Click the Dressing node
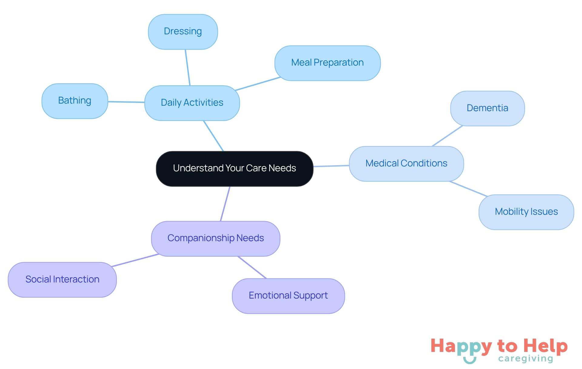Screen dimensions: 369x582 (x=183, y=32)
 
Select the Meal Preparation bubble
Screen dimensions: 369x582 (x=327, y=63)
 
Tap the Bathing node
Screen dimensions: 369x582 (x=75, y=101)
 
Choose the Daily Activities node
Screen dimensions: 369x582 (x=192, y=103)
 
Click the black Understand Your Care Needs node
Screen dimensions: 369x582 (x=234, y=169)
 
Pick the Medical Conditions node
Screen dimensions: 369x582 (x=406, y=164)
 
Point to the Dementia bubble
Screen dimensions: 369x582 (x=487, y=108)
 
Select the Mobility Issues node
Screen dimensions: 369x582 (x=526, y=212)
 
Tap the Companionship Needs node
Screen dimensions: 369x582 (x=216, y=238)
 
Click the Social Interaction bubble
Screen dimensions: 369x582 (x=62, y=280)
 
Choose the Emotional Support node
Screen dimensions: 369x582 (x=288, y=296)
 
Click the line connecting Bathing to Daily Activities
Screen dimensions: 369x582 (x=126, y=102)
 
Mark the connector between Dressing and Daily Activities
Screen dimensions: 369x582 (x=188, y=67)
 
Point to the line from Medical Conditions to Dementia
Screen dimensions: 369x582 (x=447, y=136)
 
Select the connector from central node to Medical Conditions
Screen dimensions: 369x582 (x=331, y=166)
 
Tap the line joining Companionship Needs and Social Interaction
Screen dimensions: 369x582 (x=135, y=260)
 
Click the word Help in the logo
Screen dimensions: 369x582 (x=545, y=346)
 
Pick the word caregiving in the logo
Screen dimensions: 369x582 (x=526, y=359)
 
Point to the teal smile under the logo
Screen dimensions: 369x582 (x=470, y=360)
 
